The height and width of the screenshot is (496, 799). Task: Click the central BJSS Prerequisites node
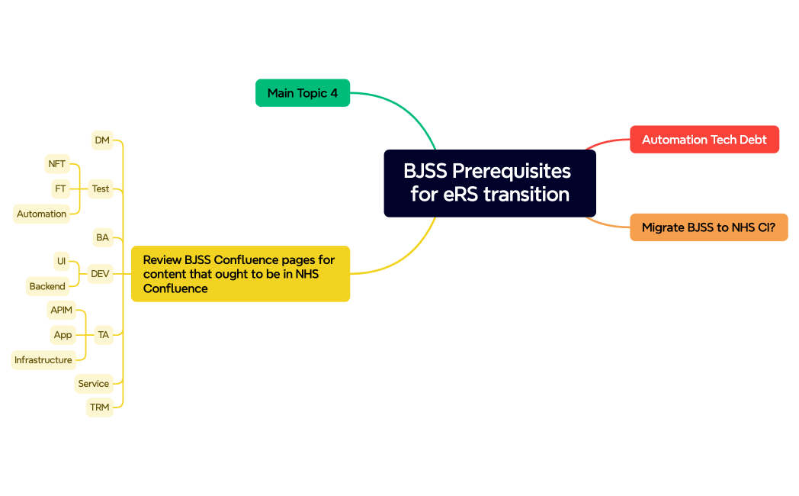[489, 183]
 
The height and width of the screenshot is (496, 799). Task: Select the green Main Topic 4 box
[303, 93]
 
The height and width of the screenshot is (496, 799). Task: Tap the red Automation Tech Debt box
[704, 140]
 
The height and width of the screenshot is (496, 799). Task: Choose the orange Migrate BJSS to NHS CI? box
[708, 227]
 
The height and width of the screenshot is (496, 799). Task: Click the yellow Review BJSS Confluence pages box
[240, 274]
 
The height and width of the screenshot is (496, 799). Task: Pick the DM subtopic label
[102, 140]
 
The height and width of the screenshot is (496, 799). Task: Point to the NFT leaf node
[57, 164]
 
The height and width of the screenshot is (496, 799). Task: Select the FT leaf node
[60, 188]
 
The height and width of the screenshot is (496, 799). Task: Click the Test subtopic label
[101, 188]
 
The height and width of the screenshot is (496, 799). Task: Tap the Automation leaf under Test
[42, 214]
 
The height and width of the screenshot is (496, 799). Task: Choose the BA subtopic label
[102, 238]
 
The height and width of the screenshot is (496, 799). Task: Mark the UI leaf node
[62, 262]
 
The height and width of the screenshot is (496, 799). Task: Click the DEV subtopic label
[100, 273]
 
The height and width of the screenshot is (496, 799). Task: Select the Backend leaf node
[47, 286]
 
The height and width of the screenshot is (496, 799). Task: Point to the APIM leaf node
[61, 310]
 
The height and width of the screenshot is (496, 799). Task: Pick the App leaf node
[63, 335]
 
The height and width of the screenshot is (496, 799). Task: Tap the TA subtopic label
[104, 334]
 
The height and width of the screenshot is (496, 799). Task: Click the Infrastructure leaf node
[43, 360]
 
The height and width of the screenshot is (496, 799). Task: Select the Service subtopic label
[94, 384]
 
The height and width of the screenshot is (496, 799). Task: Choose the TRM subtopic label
[100, 407]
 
